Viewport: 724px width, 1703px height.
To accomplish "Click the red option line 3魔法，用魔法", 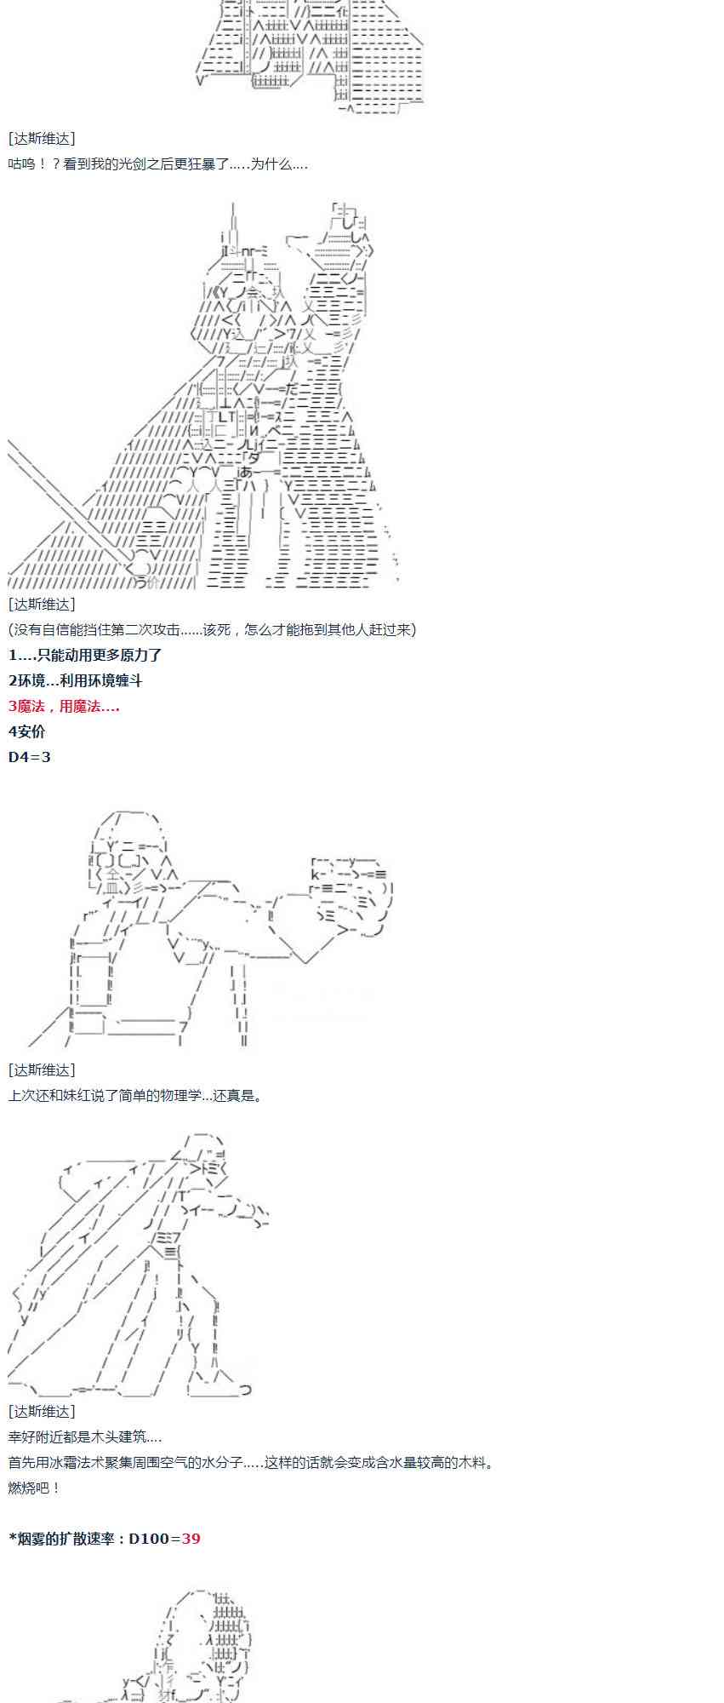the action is pos(64,706).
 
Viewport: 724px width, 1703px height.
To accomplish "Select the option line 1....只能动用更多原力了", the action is pos(85,655).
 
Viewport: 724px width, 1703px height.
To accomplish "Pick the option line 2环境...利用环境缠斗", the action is pos(75,680).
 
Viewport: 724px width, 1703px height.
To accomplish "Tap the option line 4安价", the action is pos(26,731).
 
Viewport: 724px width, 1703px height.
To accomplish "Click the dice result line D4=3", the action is pos(29,757).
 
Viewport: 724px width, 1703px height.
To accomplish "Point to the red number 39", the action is pos(191,1539).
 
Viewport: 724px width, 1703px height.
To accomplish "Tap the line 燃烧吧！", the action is pos(35,1488).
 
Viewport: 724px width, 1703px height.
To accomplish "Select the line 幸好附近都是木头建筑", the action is pos(85,1436).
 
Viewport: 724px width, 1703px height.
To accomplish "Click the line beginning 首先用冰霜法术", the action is pos(251,1462).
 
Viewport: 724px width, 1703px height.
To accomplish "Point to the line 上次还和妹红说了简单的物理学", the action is pos(136,1095).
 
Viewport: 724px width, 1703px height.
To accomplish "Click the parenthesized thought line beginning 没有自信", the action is pos(212,629).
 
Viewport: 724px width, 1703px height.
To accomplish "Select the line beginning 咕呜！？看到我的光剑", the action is pos(157,163).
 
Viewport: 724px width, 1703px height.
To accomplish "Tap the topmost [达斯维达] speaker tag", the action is pos(42,138).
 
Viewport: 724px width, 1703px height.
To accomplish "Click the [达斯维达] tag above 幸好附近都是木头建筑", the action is pos(42,1411).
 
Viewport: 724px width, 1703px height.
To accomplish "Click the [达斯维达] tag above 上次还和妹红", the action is pos(42,1069).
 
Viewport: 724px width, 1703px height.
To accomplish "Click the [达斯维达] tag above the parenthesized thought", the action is pos(42,604).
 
